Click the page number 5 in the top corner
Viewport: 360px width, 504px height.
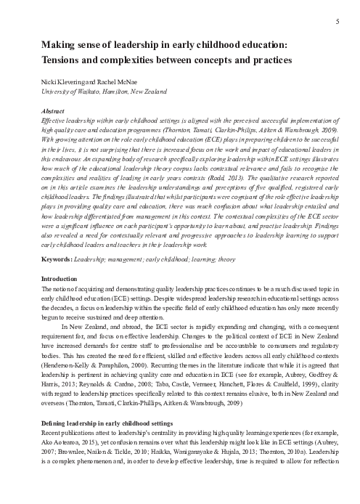pyautogui.click(x=339, y=23)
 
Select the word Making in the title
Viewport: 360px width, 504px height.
pyautogui.click(x=62, y=44)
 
